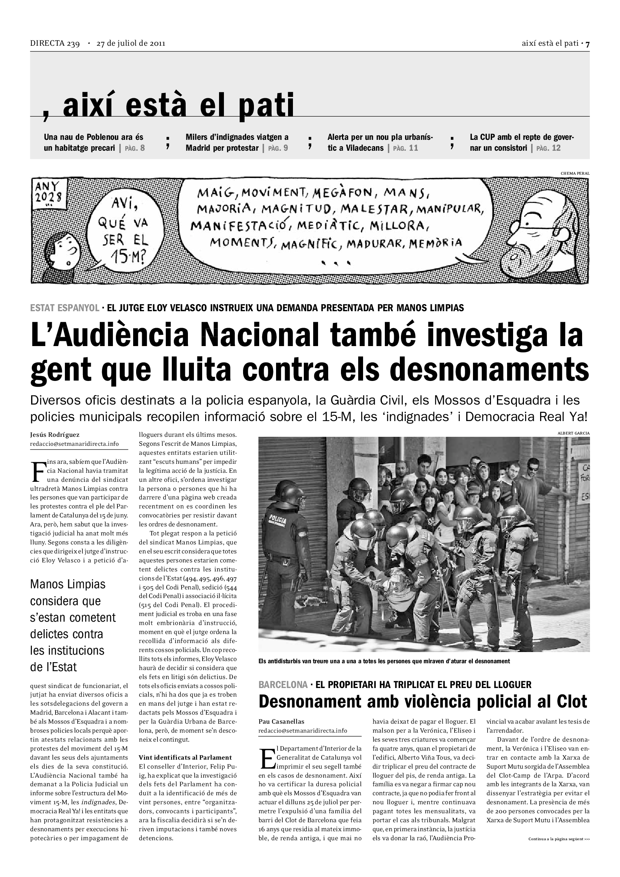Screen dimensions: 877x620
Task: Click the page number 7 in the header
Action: coord(587,43)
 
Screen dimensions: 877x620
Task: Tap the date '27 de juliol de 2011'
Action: coord(131,43)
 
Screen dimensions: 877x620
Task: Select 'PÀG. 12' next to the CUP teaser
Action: coord(548,148)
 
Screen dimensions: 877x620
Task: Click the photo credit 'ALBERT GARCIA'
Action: coord(573,433)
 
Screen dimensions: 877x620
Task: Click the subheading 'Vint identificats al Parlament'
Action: coord(185,757)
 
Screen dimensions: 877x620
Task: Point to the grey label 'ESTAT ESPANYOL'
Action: coord(65,307)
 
